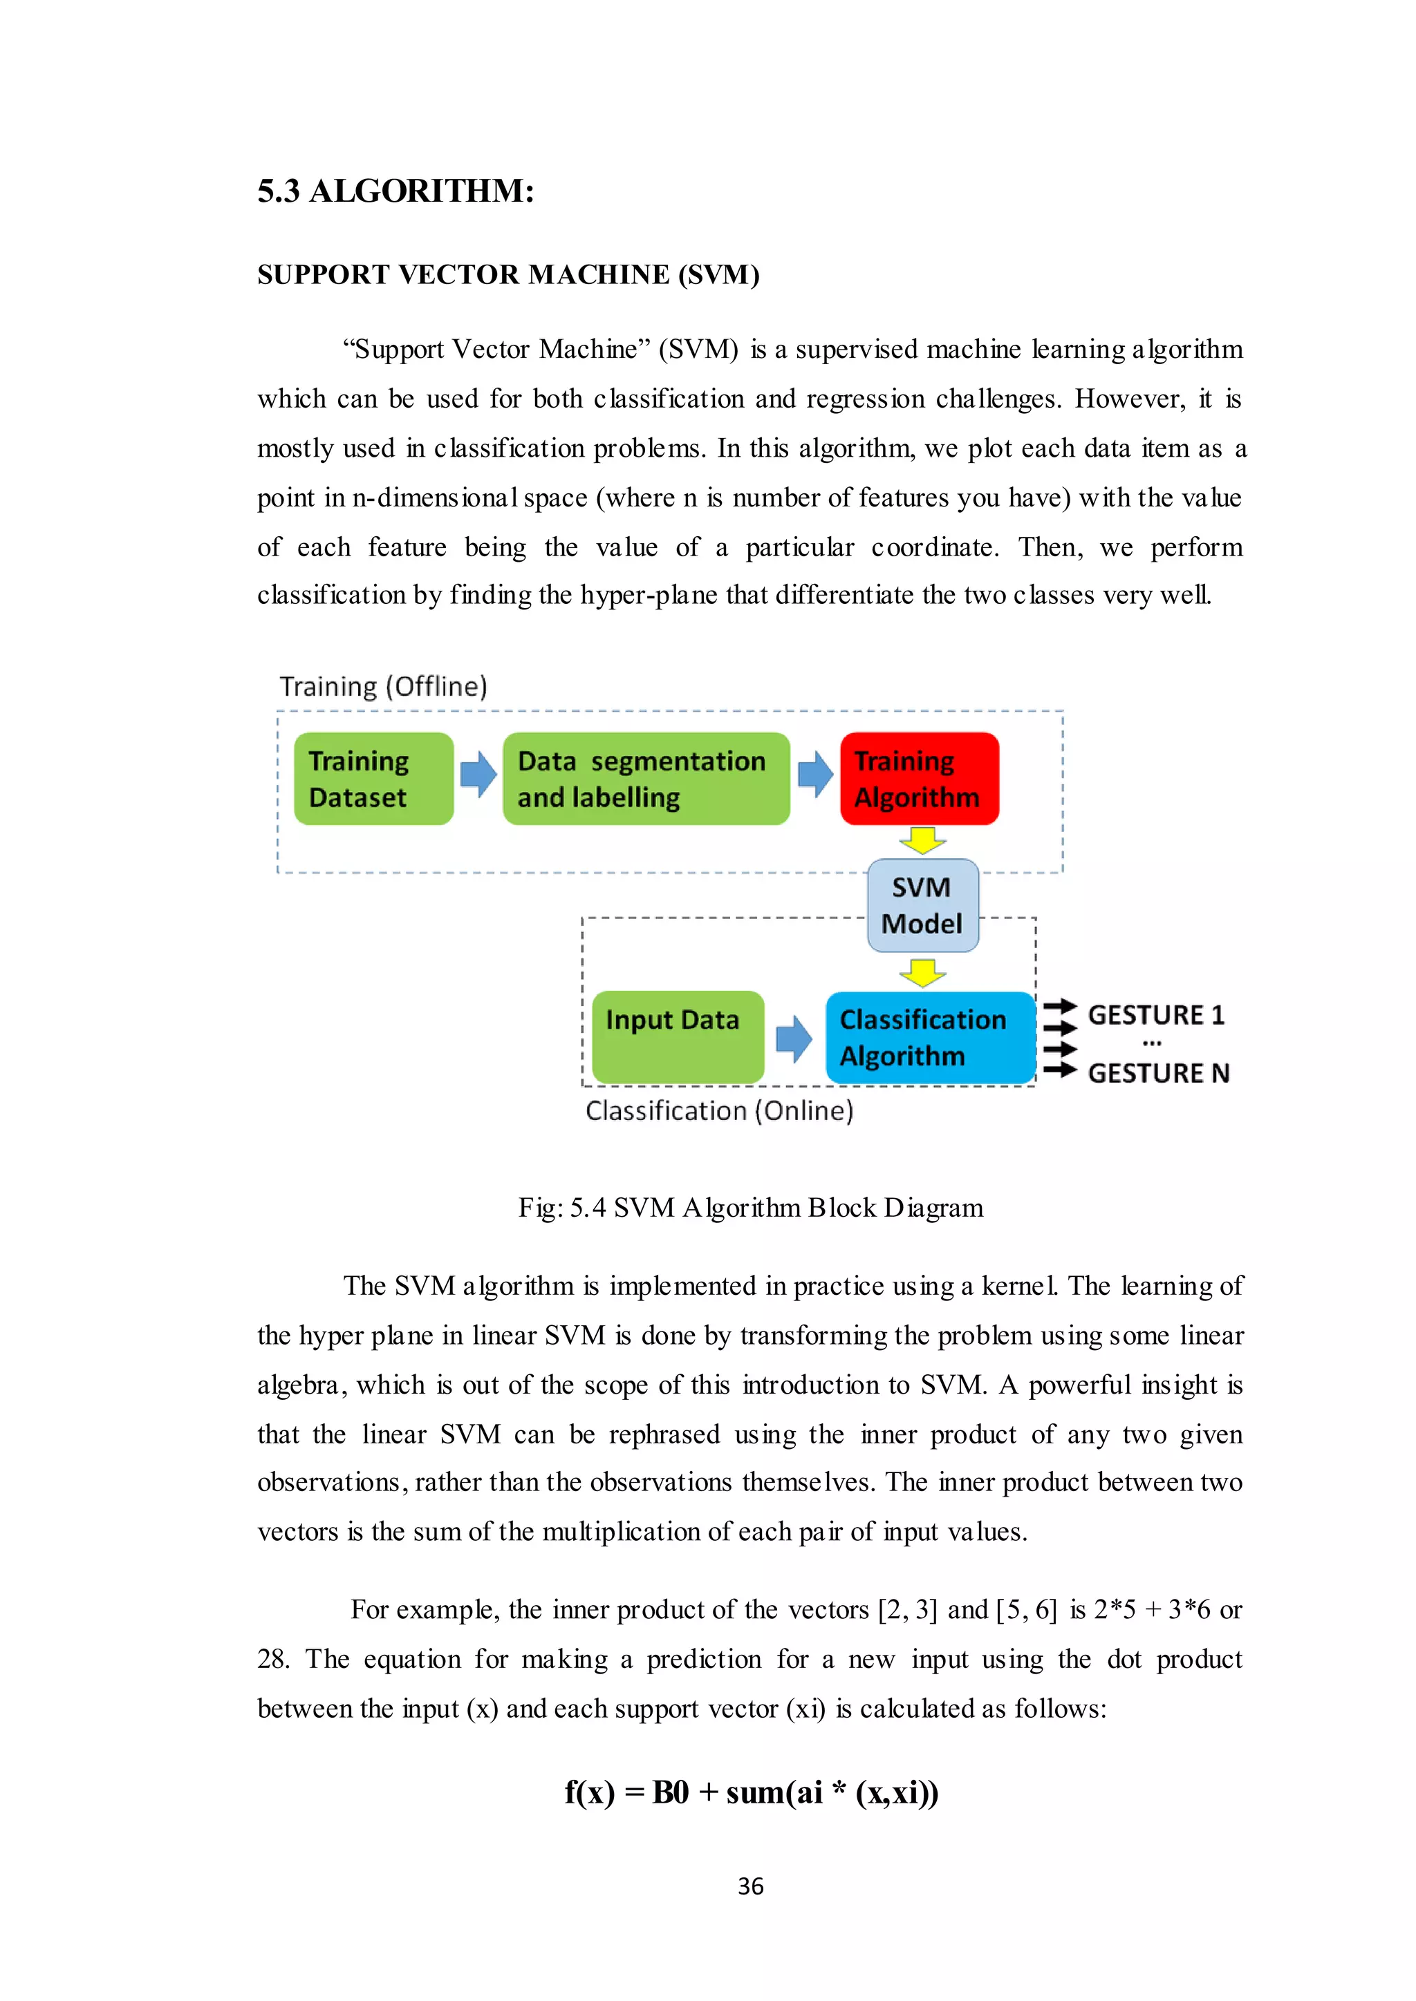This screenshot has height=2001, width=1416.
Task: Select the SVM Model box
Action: pos(922,906)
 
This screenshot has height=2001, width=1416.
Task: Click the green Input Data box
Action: pos(678,1036)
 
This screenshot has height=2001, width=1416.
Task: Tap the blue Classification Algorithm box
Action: pos(929,1037)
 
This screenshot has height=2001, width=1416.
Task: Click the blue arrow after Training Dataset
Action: pos(478,774)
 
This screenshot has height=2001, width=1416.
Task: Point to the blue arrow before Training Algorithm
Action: pos(814,774)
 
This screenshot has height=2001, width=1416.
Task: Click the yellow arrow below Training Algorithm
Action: pos(922,840)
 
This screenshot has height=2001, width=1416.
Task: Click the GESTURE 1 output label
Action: pos(1156,1015)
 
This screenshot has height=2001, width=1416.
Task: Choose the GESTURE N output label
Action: pos(1158,1073)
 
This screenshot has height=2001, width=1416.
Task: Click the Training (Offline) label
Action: pos(383,687)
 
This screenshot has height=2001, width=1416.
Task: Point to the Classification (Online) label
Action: pos(719,1111)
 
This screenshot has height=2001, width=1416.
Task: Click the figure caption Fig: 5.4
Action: pos(750,1208)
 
